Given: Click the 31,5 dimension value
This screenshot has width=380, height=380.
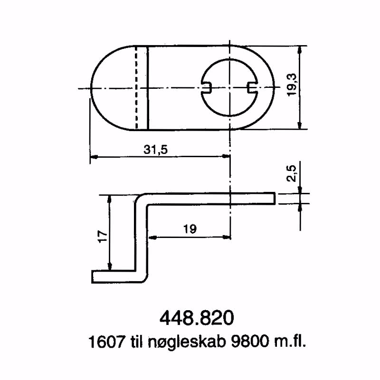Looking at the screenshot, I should (156, 150).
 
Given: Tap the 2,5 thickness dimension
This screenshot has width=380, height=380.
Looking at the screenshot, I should (292, 174).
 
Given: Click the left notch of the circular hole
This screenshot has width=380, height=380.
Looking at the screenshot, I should (206, 87).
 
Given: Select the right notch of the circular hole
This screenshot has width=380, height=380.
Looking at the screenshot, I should (252, 87).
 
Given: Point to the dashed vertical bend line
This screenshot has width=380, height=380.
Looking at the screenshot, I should (136, 87).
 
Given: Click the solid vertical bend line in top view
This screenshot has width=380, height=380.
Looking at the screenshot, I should (148, 87).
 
